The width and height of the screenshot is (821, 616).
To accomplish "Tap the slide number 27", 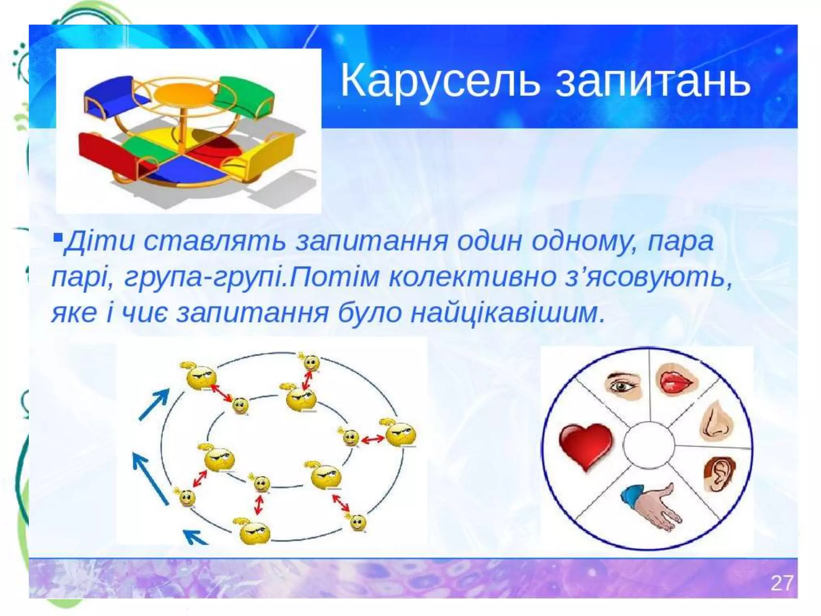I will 781,583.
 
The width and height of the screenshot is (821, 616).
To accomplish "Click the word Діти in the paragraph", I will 99,242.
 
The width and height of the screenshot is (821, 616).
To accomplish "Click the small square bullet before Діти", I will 58,238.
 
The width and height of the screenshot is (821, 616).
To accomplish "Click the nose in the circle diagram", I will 715,421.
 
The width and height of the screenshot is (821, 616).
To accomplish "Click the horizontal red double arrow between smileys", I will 372,440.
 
